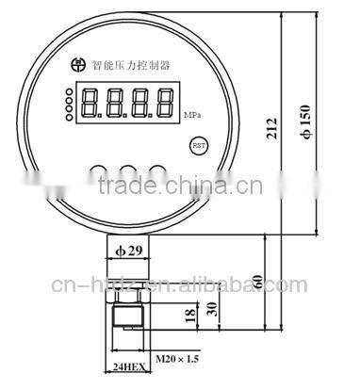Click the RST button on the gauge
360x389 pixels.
[198, 146]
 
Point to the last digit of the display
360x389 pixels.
[165, 101]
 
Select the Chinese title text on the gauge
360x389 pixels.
[132, 67]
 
